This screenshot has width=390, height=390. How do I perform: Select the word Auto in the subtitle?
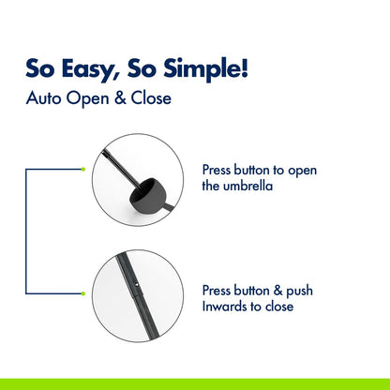coord(43,98)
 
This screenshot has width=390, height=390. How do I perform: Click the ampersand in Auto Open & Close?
coord(120,98)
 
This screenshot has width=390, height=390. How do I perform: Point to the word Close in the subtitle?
coord(151,98)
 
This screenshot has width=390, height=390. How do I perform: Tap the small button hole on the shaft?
coord(136,285)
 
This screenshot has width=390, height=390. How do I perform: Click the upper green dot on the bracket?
coord(82,170)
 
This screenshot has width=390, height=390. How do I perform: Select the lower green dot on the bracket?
coord(82,293)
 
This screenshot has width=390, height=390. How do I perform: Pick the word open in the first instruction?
coord(302,172)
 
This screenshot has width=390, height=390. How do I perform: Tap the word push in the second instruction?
coord(299,292)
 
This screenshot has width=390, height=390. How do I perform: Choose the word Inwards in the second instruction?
coord(221,307)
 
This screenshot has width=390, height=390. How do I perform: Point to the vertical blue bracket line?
coord(26,232)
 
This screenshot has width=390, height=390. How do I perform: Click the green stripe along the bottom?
coord(195,384)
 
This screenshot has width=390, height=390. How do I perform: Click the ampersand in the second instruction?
coord(277,291)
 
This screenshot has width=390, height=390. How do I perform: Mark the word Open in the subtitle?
coord(87,98)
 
